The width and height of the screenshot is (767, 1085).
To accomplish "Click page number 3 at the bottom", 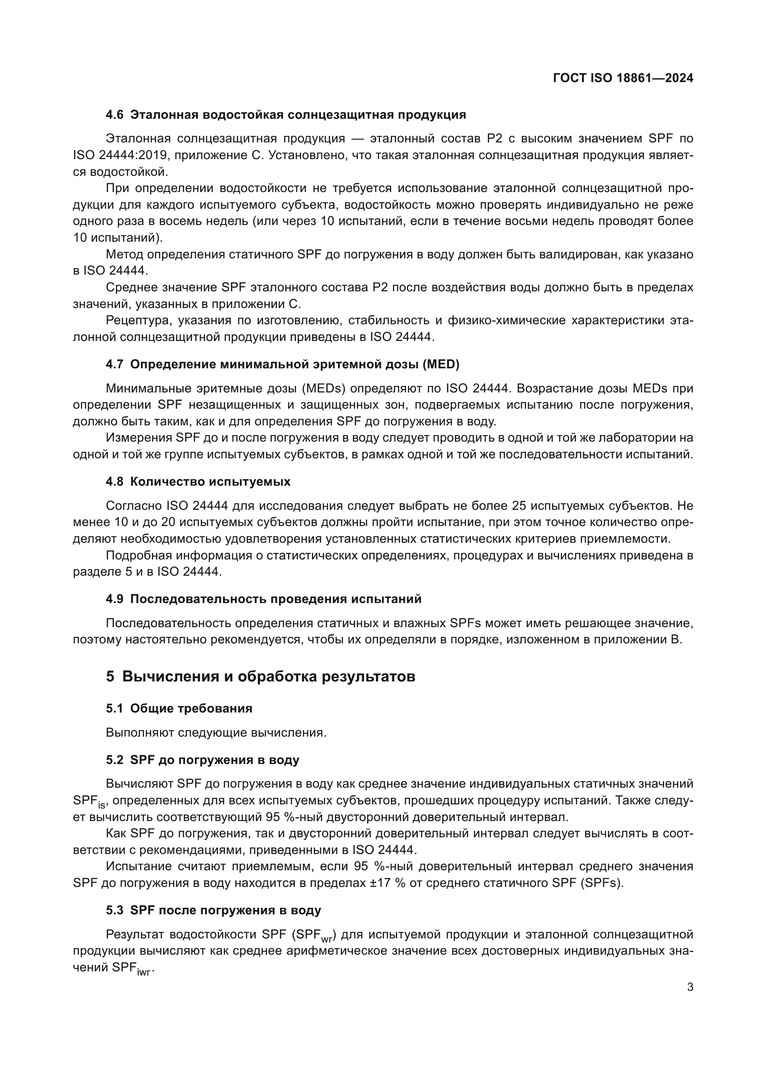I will pyautogui.click(x=690, y=987).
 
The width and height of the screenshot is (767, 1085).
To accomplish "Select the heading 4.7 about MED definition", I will pyautogui.click(x=282, y=364).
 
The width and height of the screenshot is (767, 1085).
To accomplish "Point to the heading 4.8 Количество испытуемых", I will pyautogui.click(x=198, y=482).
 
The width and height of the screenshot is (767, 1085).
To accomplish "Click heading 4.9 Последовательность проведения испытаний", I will pyautogui.click(x=263, y=599).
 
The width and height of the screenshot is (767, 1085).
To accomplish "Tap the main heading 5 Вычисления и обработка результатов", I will pyautogui.click(x=260, y=676).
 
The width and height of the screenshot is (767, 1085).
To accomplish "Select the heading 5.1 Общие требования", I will pyautogui.click(x=179, y=708).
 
